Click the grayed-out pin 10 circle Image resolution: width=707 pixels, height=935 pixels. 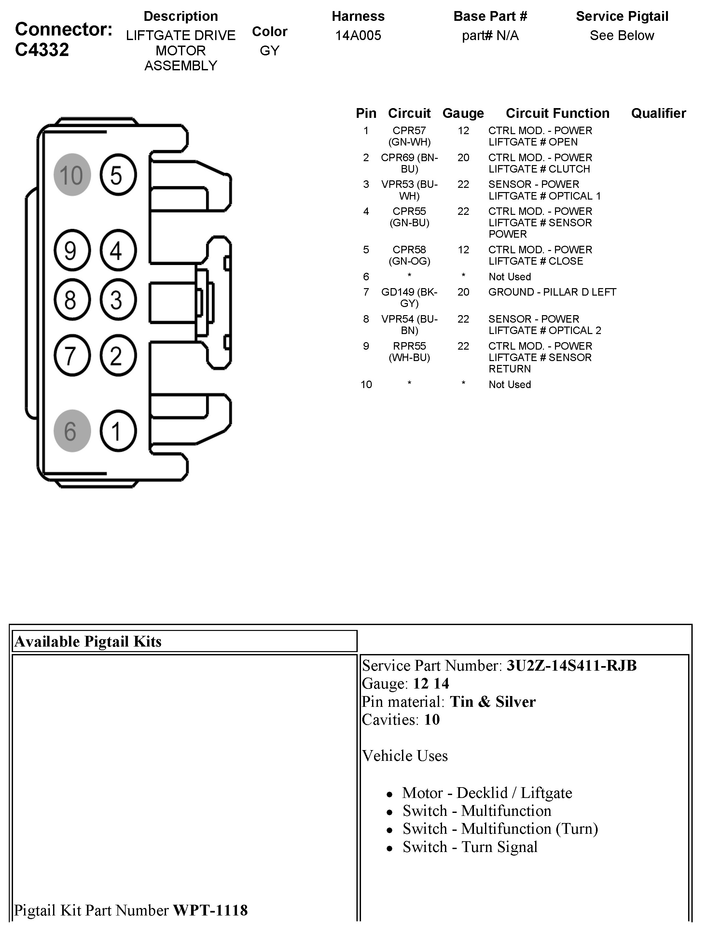(72, 174)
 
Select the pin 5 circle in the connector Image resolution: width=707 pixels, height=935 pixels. (118, 174)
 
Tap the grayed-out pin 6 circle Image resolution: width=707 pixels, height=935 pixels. (72, 431)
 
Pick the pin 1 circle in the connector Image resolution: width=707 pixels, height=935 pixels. (118, 431)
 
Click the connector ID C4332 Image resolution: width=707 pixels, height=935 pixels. (42, 50)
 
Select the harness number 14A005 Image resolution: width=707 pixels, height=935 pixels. (358, 35)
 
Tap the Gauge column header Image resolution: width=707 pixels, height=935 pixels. (463, 113)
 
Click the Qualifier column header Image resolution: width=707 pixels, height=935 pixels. (658, 113)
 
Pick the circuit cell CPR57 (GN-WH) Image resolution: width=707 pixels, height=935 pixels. (409, 136)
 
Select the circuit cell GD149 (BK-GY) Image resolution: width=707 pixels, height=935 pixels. (409, 298)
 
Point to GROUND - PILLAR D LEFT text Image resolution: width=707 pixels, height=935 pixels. (552, 292)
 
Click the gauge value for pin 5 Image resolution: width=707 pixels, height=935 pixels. (463, 250)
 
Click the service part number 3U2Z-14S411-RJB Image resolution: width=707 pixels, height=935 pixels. (571, 666)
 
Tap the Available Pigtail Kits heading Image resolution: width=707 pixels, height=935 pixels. (88, 642)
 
